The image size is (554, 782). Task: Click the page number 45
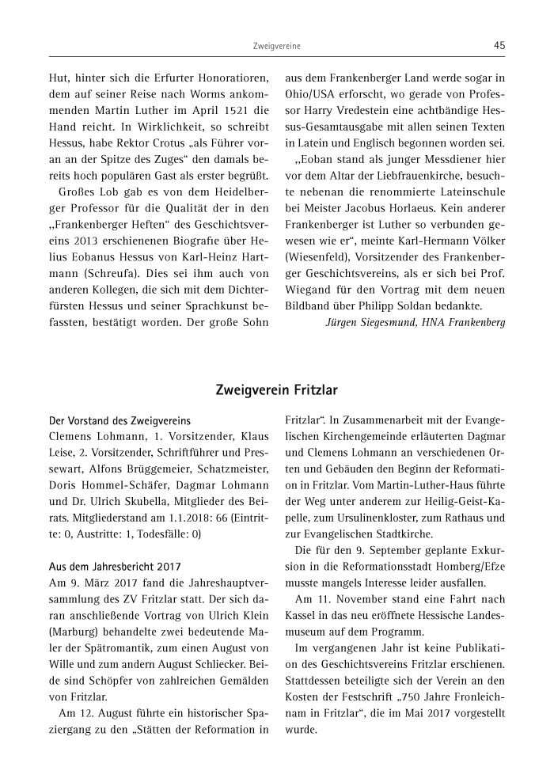point(499,46)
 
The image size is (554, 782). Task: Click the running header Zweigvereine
point(276,47)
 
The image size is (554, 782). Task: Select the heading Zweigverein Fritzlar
point(276,389)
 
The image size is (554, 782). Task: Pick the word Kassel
point(302,612)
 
